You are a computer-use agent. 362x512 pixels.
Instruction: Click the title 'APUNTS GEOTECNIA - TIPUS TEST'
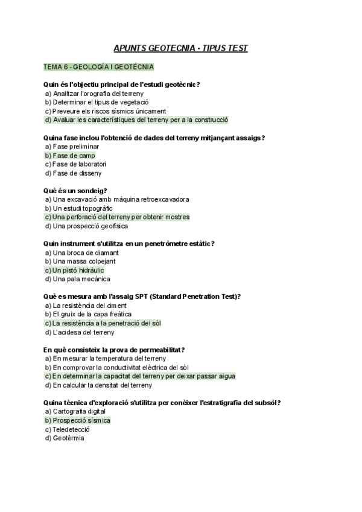(181, 49)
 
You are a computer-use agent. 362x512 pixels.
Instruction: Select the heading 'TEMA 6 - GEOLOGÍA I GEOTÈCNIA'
(98, 66)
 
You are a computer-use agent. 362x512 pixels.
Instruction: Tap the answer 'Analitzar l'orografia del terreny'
(94, 94)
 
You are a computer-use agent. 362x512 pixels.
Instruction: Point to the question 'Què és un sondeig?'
(75, 191)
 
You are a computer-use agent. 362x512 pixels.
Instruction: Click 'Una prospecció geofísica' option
(86, 226)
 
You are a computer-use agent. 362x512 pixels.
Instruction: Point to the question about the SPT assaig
(142, 296)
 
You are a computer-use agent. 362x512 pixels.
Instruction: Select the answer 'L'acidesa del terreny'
(79, 332)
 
